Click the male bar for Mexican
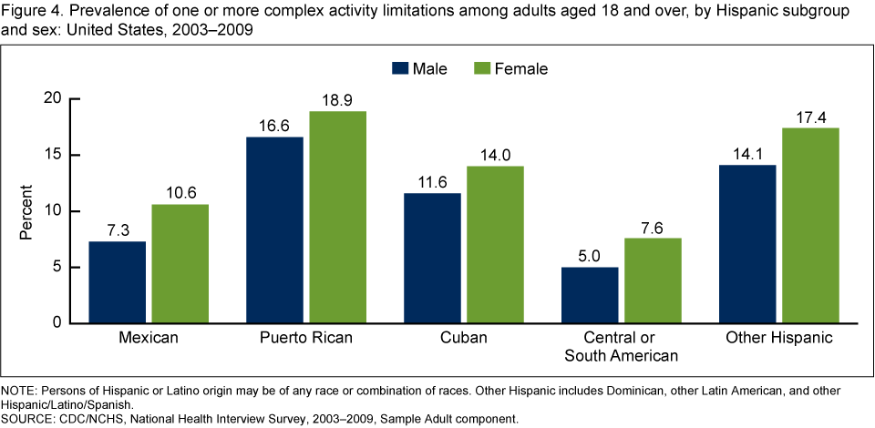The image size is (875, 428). [118, 282]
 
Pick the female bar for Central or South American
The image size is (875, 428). [654, 280]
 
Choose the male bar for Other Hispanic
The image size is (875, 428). [748, 244]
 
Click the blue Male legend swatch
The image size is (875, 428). [398, 68]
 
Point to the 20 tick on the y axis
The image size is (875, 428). [53, 98]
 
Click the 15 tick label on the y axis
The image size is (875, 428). [53, 155]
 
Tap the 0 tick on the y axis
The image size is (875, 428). [57, 323]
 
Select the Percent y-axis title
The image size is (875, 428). [27, 211]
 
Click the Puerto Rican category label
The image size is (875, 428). [306, 339]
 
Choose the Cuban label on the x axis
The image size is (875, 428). [463, 339]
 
